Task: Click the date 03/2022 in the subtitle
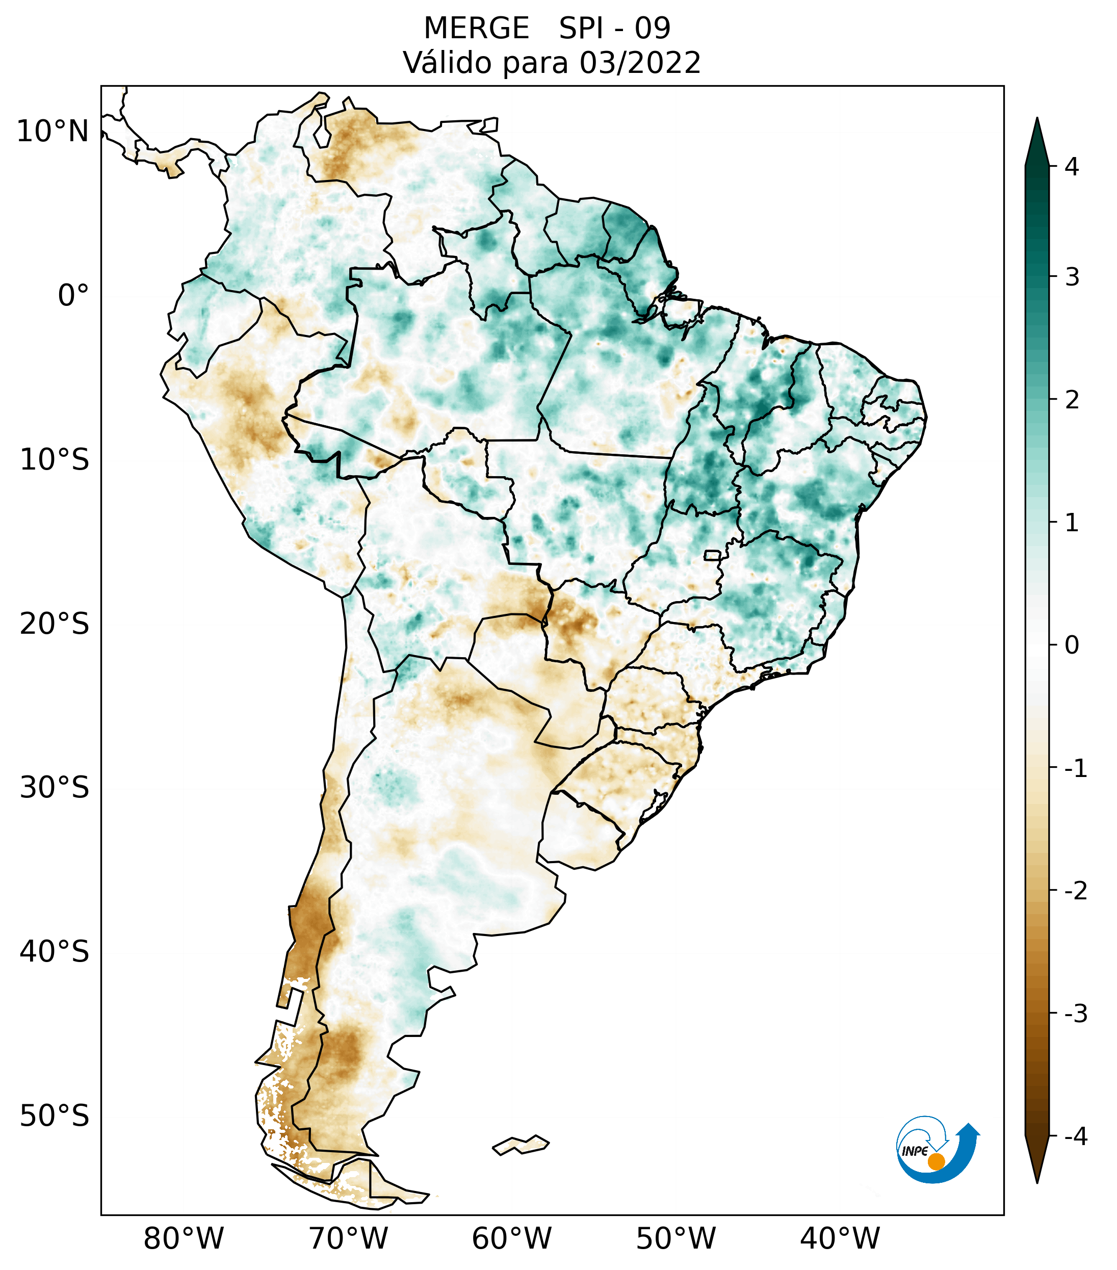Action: click(x=640, y=63)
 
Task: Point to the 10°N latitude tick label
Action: click(x=53, y=132)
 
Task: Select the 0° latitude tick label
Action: click(x=73, y=295)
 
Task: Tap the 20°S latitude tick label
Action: click(x=55, y=624)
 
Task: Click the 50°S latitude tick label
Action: click(x=55, y=1116)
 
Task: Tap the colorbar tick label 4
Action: click(x=1072, y=167)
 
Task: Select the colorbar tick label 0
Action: click(x=1072, y=645)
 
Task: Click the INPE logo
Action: click(x=937, y=1148)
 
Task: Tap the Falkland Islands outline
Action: click(x=521, y=1145)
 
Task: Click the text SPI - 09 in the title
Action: click(x=614, y=29)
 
